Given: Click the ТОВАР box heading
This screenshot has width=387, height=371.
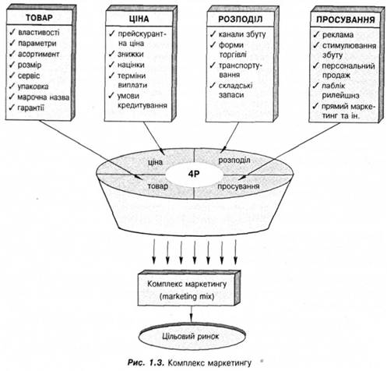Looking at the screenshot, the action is [x=39, y=18].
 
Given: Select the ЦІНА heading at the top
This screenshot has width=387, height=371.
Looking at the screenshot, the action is [x=139, y=19].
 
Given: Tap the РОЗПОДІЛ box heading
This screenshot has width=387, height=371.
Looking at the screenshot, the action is [x=241, y=19].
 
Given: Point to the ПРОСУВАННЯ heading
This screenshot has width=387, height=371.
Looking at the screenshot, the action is [x=346, y=19].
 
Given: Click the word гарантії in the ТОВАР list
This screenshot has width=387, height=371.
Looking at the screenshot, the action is [x=31, y=108].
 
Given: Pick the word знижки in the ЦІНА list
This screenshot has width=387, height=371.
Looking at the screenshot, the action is [x=131, y=54].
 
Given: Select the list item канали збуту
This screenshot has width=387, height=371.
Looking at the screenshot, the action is [x=242, y=34].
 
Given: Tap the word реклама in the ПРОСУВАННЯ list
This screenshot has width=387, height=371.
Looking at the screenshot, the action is [x=338, y=35].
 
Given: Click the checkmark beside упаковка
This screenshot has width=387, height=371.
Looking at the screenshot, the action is [x=12, y=86].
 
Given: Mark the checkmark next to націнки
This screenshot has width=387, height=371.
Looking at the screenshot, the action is [x=111, y=64].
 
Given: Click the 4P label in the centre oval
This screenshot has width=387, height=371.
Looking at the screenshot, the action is [x=194, y=174].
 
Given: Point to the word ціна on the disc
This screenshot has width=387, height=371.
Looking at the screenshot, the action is [x=155, y=162].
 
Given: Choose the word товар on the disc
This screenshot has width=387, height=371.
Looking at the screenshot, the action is [x=158, y=186].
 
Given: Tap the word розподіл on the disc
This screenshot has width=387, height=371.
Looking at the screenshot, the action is [x=234, y=161].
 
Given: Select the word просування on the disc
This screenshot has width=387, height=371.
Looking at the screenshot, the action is [x=238, y=186].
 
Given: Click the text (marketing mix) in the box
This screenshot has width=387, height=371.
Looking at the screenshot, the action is [x=187, y=296].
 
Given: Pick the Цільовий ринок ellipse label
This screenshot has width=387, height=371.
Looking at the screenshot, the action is [x=191, y=337].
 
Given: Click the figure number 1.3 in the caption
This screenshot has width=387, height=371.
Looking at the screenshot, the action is [x=157, y=362].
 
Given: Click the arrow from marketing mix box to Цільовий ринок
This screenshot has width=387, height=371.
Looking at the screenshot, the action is [x=191, y=314].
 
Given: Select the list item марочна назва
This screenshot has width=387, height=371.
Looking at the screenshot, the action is [x=44, y=97].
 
